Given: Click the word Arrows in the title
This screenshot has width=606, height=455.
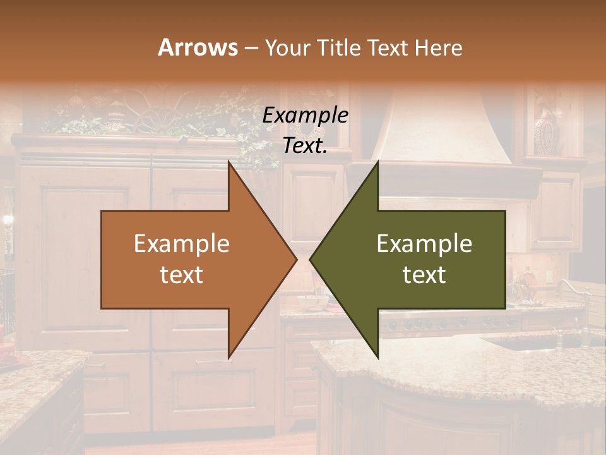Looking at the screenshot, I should click(197, 47).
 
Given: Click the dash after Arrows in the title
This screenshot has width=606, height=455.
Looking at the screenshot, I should click(250, 49).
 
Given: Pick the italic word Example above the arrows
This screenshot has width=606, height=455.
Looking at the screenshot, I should click(305, 116).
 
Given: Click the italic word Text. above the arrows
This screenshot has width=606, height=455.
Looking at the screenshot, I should click(305, 146).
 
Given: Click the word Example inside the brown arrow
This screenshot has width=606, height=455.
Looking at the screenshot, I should click(182, 244).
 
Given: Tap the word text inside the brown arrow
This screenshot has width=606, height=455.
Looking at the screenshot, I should click(182, 275).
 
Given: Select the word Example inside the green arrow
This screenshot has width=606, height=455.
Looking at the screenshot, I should click(424, 244).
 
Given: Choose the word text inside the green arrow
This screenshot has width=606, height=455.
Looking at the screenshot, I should click(424, 275).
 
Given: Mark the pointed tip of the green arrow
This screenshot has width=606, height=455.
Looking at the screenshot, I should click(311, 259).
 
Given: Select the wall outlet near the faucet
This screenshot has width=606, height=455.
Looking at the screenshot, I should click(550, 276).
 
